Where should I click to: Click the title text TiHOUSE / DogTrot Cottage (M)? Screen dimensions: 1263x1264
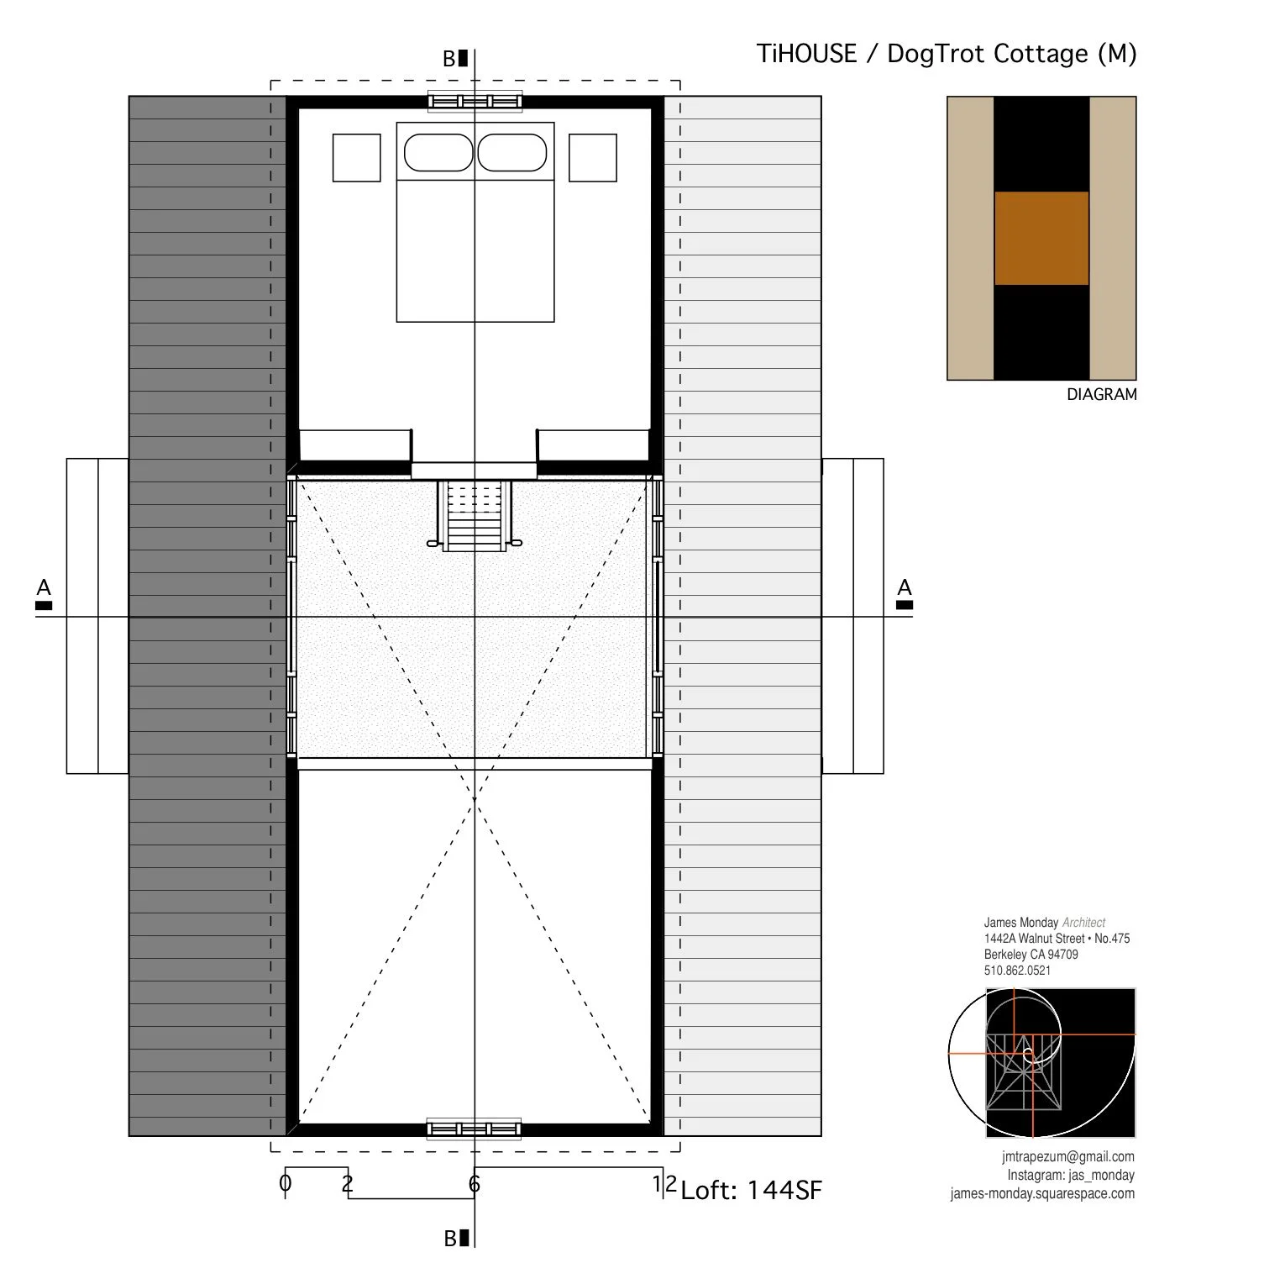pos(946,54)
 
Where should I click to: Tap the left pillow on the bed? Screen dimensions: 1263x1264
pos(438,153)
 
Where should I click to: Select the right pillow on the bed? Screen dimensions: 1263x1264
pos(512,153)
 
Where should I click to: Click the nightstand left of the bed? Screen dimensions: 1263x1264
pos(356,157)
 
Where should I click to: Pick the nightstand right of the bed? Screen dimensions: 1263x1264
pos(592,157)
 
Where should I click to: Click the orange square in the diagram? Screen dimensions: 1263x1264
pos(1041,238)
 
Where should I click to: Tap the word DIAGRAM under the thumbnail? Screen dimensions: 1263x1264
pos(1101,394)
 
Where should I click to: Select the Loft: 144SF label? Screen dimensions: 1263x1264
pos(751,1190)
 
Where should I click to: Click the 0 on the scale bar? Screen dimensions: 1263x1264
pos(285,1183)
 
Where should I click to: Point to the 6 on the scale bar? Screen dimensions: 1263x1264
pos(475,1184)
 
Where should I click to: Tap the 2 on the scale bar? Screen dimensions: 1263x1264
pos(347,1183)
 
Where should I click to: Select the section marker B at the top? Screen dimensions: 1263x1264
pos(454,59)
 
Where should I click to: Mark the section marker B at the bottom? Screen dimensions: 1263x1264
pos(455,1238)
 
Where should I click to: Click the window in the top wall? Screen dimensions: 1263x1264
pos(475,102)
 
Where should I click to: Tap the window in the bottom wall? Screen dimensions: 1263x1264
pos(474,1129)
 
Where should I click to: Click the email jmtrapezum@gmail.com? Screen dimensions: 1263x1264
pos(1067,1156)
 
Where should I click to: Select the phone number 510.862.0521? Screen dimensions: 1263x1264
pos(1017,970)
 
